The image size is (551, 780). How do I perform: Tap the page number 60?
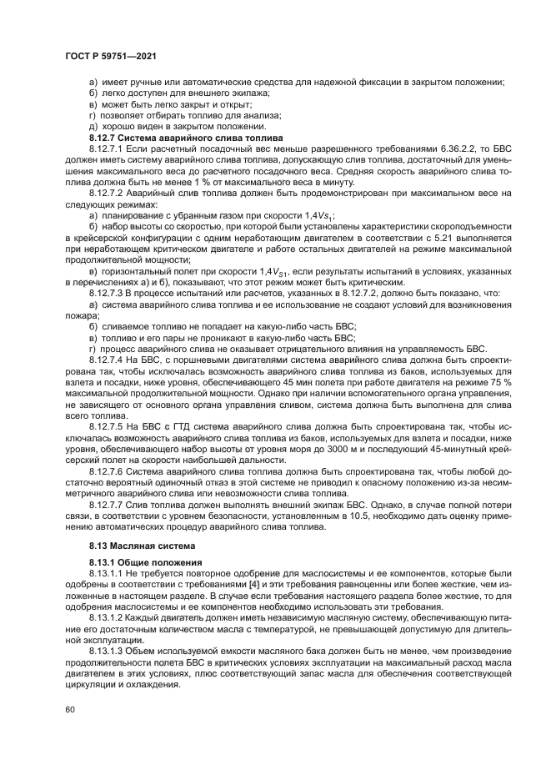68,709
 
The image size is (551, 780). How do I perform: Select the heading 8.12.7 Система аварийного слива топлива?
186,136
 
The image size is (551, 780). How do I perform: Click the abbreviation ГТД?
153,426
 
